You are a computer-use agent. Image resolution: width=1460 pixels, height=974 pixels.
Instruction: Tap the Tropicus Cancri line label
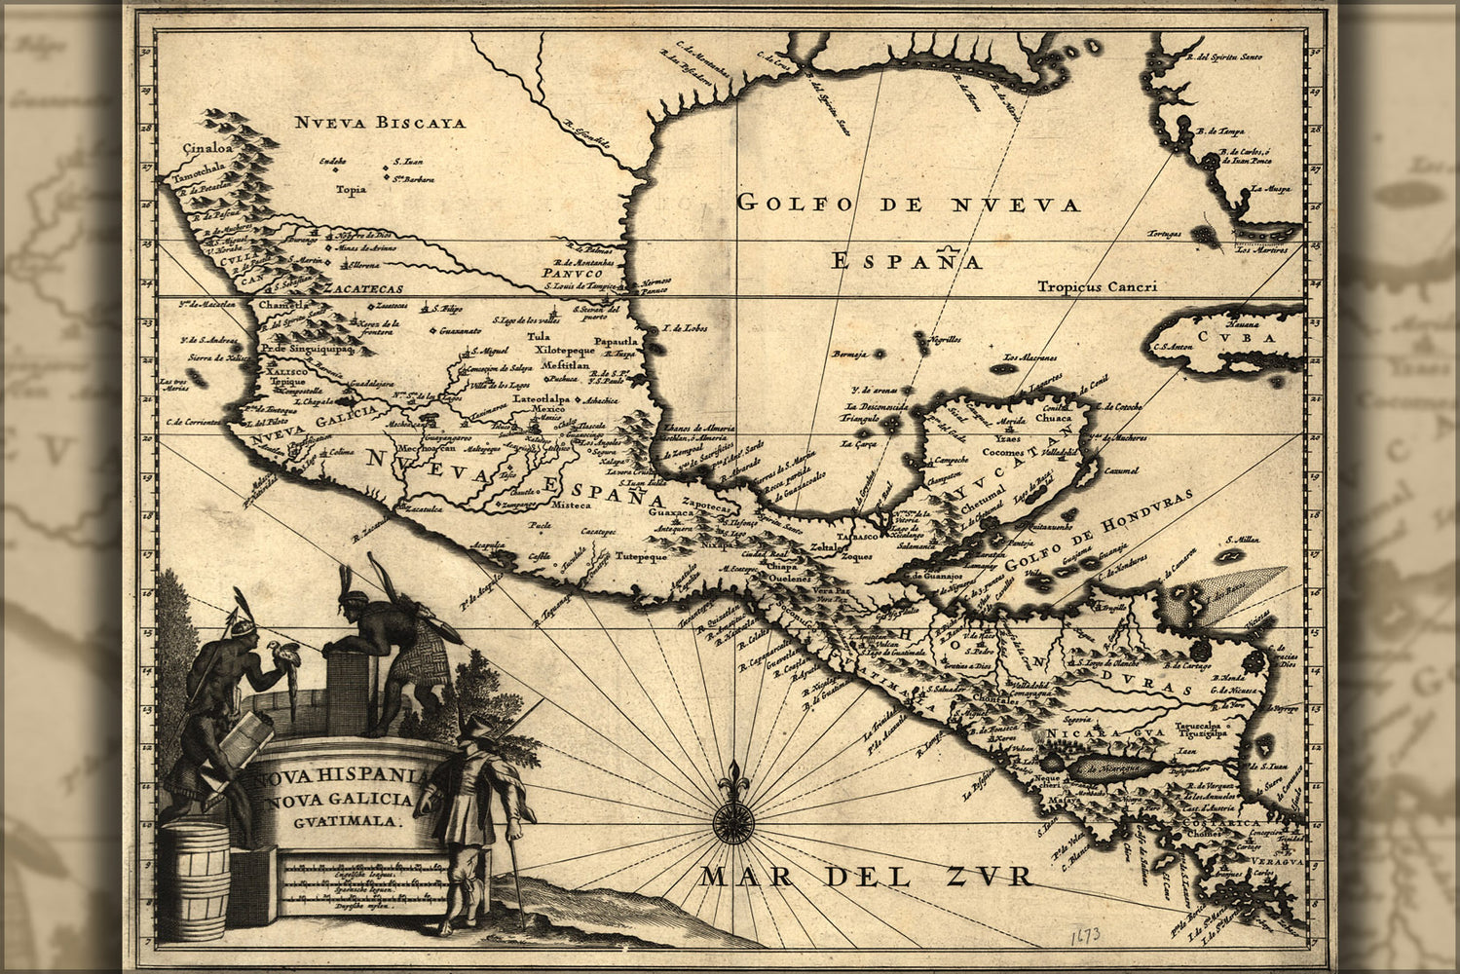tap(1096, 287)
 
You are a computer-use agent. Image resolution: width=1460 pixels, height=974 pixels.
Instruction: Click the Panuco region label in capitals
tap(569, 275)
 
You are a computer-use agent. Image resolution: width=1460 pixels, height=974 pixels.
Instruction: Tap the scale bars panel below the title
tap(349, 882)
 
